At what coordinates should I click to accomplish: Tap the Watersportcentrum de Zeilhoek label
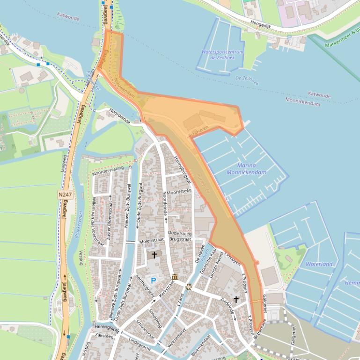222,55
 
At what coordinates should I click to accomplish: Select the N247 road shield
65,194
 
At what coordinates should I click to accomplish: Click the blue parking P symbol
153,281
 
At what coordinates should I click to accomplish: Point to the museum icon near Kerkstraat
175,277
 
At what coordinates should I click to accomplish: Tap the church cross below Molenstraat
154,255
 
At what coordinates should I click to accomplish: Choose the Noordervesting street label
108,171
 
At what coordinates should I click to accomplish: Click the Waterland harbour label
319,264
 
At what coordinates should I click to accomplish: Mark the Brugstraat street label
180,239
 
